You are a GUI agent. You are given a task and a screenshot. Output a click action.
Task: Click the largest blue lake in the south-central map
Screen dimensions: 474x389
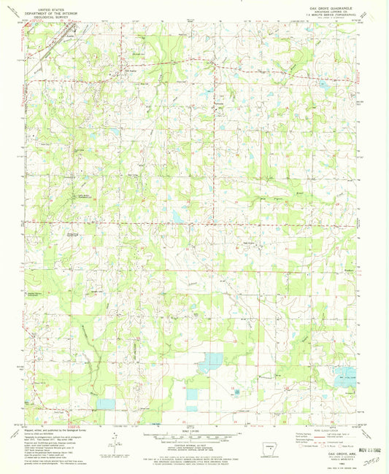pyautogui.click(x=211, y=360)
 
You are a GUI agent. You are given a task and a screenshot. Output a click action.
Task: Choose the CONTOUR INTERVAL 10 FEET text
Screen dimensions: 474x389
pyautogui.click(x=192, y=448)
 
